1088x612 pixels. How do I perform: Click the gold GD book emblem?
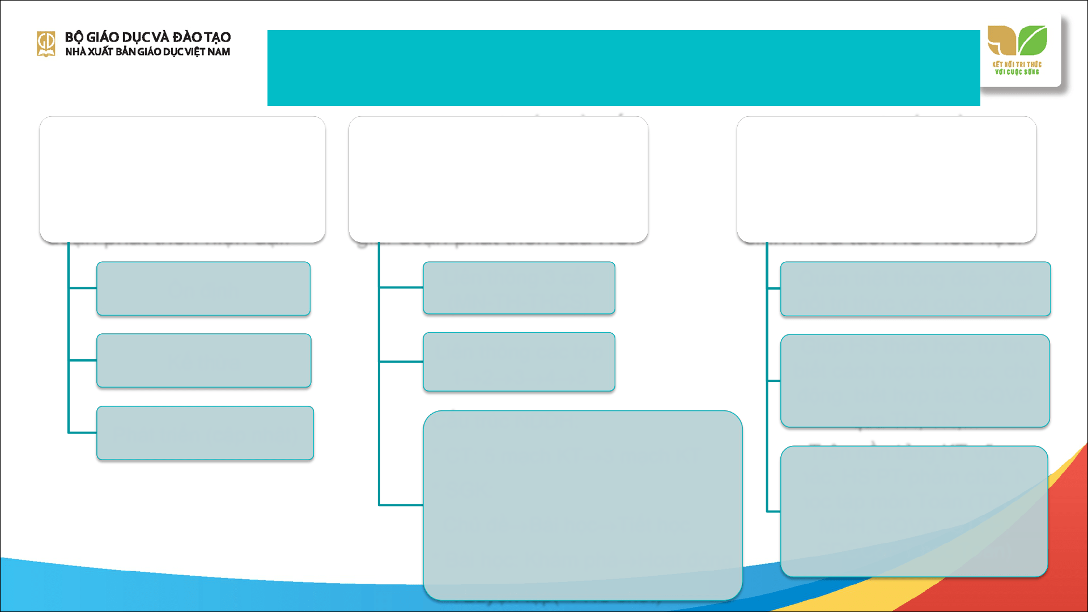pyautogui.click(x=46, y=44)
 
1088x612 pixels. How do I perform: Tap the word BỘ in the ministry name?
pyautogui.click(x=74, y=37)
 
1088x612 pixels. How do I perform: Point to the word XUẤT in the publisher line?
pyautogui.click(x=100, y=52)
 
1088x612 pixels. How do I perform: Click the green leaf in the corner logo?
pyautogui.click(x=1032, y=40)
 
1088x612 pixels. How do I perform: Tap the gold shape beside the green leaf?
pyautogui.click(x=1001, y=40)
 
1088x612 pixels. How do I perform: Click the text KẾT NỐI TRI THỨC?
pyautogui.click(x=1017, y=65)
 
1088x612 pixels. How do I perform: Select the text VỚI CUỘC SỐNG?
pyautogui.click(x=1017, y=72)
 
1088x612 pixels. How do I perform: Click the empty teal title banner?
pyautogui.click(x=623, y=68)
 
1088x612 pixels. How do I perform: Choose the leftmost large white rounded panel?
pyautogui.click(x=182, y=180)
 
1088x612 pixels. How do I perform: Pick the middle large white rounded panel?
pyautogui.click(x=498, y=180)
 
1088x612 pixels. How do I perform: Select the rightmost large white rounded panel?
pyautogui.click(x=886, y=180)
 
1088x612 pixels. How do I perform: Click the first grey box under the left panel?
pyautogui.click(x=203, y=288)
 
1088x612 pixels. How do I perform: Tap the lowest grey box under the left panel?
pyautogui.click(x=205, y=433)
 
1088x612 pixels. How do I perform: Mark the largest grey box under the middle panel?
pyautogui.click(x=583, y=505)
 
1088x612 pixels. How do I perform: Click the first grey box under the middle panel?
pyautogui.click(x=518, y=288)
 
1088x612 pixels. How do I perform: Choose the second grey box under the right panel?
pyautogui.click(x=915, y=381)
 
